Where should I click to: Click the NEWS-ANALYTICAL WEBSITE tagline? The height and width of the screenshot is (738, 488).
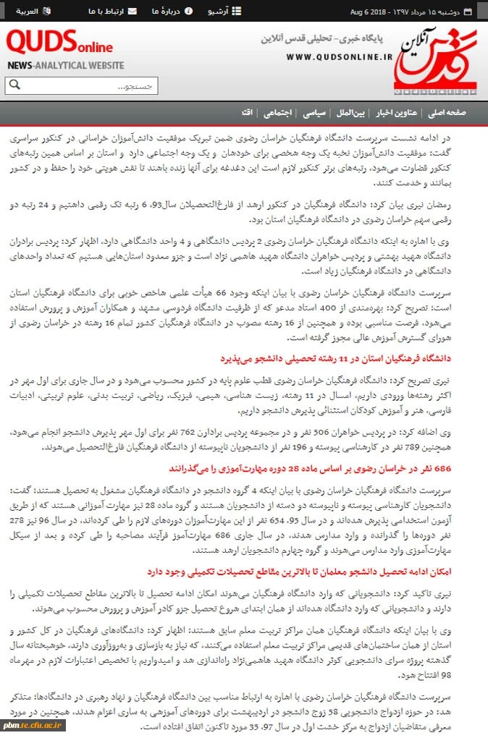coord(65,65)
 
